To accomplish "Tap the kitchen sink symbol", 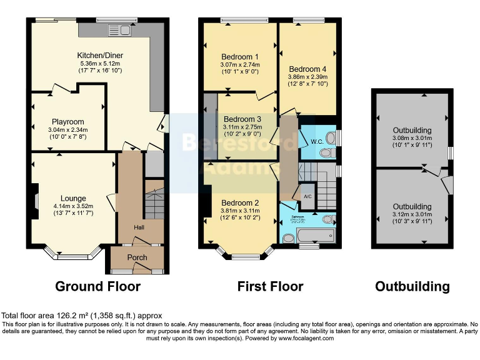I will coord(118,29).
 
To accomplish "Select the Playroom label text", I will coord(68,122).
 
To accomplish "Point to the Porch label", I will coord(137,257).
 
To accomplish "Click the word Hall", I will coord(139,227).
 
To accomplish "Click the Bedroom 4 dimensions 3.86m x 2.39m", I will coord(307,77).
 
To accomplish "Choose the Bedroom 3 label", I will coord(242,119).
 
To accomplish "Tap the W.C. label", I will coord(316,141).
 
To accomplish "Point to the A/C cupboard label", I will coord(307,196).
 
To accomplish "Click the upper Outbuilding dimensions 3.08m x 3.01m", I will coord(412,138).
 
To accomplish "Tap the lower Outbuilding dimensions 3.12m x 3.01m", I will coord(412,214).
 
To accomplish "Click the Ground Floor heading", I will coord(97,287).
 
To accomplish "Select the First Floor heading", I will coord(270,287).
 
